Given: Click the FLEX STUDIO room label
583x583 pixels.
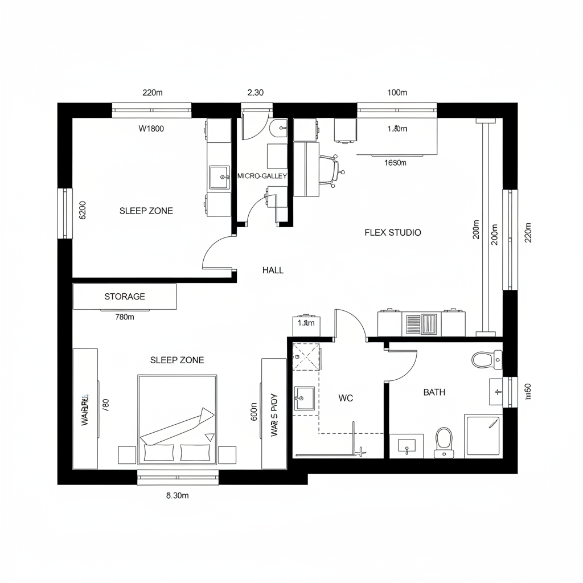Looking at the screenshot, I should click(393, 232).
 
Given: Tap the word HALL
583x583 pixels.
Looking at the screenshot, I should click(273, 270).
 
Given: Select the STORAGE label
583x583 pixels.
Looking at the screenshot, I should click(125, 297).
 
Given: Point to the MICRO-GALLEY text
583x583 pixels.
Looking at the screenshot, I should click(262, 176).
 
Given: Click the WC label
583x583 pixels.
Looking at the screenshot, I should click(346, 399).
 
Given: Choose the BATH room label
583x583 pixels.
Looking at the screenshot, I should click(434, 392).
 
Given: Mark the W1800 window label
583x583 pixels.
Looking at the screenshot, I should click(151, 129).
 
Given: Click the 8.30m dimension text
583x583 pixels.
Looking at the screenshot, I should click(177, 495).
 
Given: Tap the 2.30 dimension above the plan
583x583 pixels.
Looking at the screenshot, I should click(256, 92).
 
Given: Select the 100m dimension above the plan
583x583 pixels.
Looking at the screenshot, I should click(397, 92).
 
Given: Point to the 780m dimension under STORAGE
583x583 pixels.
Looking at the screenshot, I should click(124, 318).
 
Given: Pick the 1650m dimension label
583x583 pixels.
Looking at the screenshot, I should click(396, 163).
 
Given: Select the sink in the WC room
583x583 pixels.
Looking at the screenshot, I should click(304, 398).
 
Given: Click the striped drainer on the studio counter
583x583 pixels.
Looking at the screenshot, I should click(422, 324).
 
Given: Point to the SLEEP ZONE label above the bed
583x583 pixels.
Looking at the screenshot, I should click(177, 360).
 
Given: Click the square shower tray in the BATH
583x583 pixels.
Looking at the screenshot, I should click(483, 436).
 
